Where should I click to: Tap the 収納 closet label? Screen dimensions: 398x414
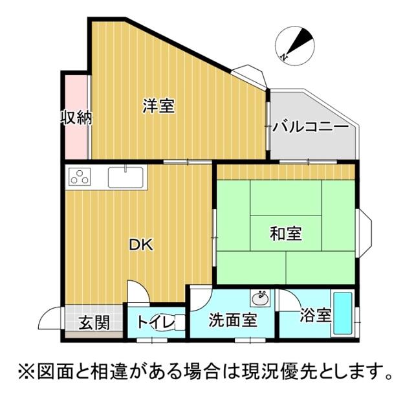[76, 118]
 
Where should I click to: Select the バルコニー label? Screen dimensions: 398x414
[310, 127]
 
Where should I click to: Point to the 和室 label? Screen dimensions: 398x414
[285, 233]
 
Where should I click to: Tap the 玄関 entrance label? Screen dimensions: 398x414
[93, 322]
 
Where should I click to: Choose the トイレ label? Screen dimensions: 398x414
[153, 321]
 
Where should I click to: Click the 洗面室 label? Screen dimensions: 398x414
[233, 319]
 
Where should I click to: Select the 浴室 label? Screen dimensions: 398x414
[316, 316]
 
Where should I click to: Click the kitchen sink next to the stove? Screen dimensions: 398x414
[125, 177]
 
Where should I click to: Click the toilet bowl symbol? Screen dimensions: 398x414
[175, 322]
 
